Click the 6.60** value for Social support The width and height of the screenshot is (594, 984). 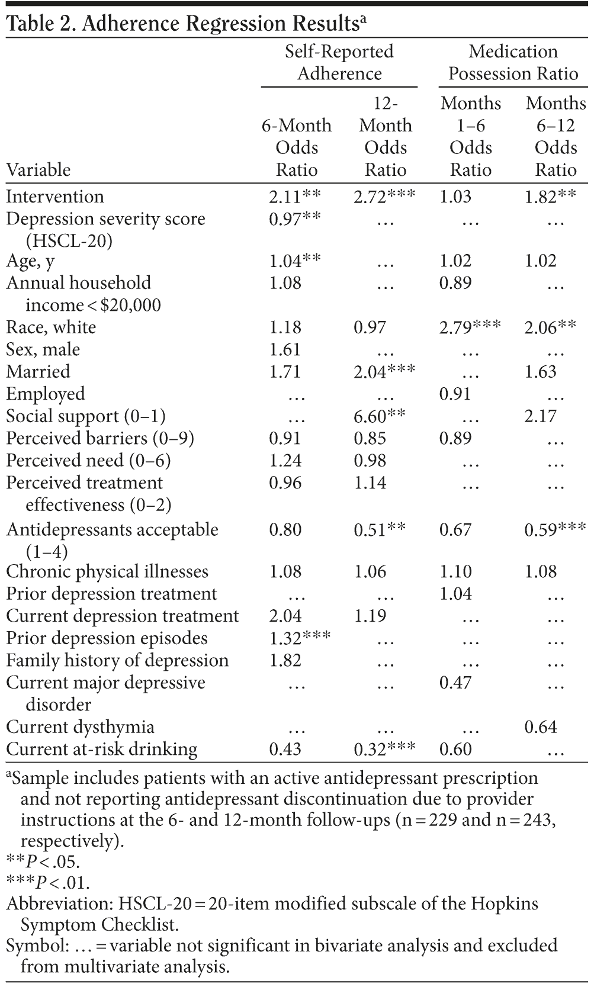pyautogui.click(x=380, y=416)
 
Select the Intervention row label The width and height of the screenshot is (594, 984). pyautogui.click(x=55, y=197)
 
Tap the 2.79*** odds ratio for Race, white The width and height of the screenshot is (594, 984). pyautogui.click(x=470, y=327)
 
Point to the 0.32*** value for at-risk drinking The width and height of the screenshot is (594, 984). pyautogui.click(x=384, y=749)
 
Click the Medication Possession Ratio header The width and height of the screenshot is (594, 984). pyautogui.click(x=513, y=63)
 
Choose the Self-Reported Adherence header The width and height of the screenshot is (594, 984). pyautogui.click(x=339, y=63)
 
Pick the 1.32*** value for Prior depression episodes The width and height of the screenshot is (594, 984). pyautogui.click(x=300, y=638)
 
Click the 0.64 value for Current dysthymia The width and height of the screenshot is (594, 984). pyautogui.click(x=541, y=726)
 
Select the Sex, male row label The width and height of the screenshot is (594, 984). pyautogui.click(x=43, y=349)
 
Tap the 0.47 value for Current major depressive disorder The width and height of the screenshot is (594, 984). pyautogui.click(x=455, y=683)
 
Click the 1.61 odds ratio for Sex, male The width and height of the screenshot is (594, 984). pyautogui.click(x=285, y=349)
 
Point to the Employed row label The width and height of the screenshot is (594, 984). pyautogui.click(x=46, y=394)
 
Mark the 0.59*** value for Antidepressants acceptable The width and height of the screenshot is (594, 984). pyautogui.click(x=555, y=529)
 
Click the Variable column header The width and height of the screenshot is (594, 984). pyautogui.click(x=38, y=170)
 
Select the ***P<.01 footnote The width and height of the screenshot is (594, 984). pyautogui.click(x=48, y=883)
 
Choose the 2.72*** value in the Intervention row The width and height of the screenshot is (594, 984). pyautogui.click(x=384, y=197)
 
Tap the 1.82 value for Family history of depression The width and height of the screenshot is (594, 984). pyautogui.click(x=285, y=660)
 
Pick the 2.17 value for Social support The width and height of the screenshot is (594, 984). pyautogui.click(x=541, y=416)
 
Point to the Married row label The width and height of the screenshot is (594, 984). pyautogui.click(x=38, y=372)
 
